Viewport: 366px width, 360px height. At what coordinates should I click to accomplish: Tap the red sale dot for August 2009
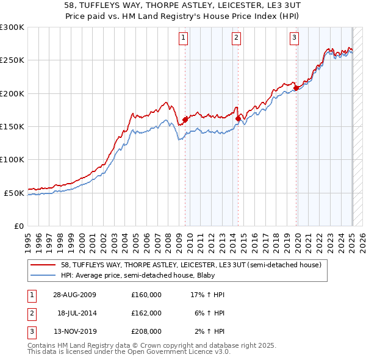185,120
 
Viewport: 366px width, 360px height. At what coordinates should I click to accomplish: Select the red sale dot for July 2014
238,118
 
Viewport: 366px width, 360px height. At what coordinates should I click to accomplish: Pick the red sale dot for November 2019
296,88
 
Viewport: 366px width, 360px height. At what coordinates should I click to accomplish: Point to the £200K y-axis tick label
12,93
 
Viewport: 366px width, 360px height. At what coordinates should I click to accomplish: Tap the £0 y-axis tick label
18,226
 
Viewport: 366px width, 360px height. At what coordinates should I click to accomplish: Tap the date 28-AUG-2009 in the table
74,295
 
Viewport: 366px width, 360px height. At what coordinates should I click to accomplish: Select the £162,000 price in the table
146,313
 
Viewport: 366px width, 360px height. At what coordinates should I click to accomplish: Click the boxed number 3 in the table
31,331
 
